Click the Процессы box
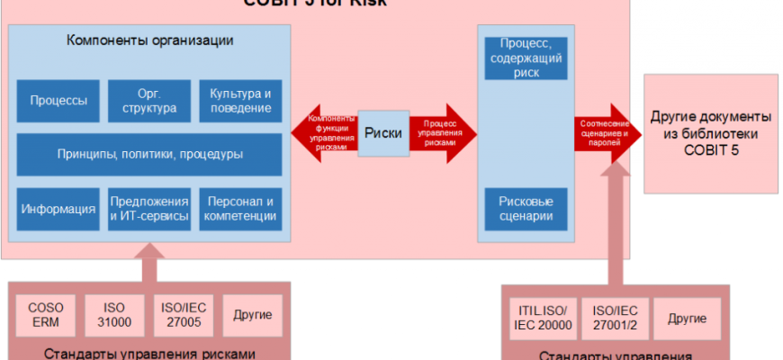(58, 101)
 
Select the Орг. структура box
(149, 101)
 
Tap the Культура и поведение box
(240, 101)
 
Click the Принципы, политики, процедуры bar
(149, 154)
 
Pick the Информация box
(58, 209)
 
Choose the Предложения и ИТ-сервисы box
(149, 209)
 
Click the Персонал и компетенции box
(240, 209)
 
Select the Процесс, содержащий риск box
(526, 58)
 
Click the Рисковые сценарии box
(526, 207)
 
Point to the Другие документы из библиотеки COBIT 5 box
(710, 132)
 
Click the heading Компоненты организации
(150, 40)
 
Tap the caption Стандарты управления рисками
(148, 352)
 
